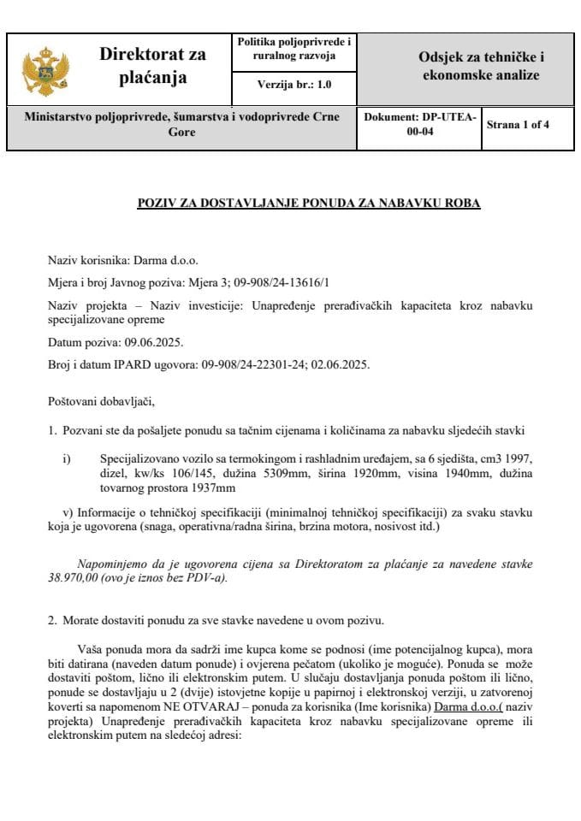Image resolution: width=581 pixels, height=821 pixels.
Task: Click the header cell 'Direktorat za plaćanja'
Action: (152, 67)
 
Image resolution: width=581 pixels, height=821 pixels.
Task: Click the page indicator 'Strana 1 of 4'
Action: (518, 125)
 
